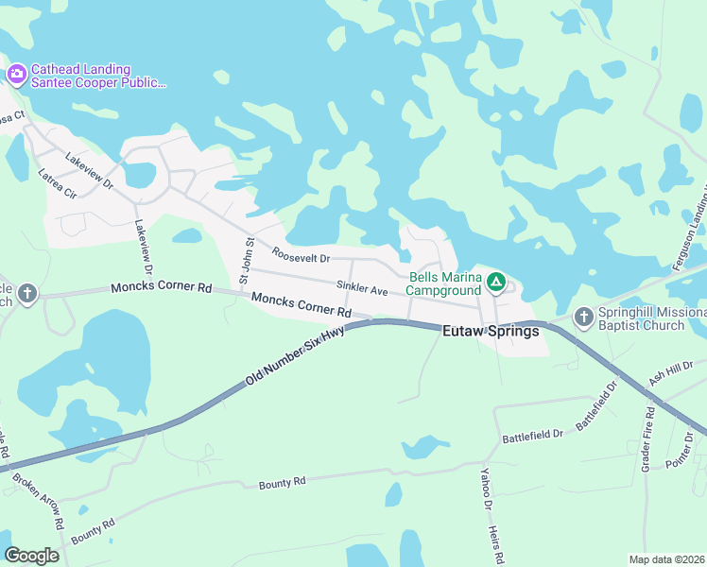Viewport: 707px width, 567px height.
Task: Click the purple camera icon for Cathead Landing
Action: pos(16,73)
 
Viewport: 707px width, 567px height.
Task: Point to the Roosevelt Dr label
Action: pos(301,255)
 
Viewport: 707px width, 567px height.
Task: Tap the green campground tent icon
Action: pos(494,282)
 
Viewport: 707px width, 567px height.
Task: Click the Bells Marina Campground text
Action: pos(444,284)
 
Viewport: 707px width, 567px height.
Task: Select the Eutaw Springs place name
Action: pos(491,332)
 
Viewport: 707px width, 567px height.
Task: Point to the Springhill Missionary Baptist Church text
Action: pos(652,319)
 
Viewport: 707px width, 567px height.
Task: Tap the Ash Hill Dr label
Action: pos(671,371)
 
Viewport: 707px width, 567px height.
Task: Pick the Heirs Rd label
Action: pos(498,545)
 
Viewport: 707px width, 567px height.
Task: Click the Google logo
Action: pos(32,556)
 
